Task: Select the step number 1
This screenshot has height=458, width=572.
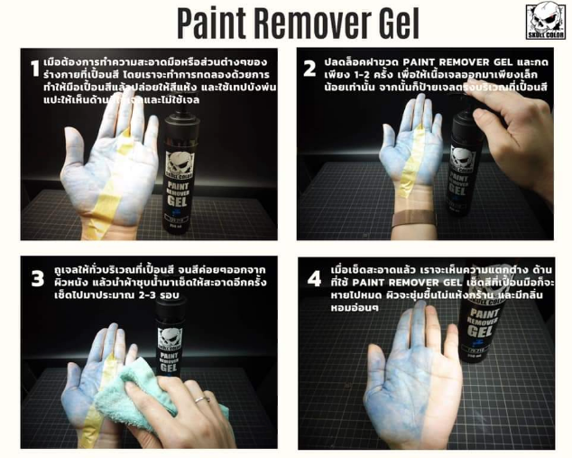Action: [34, 69]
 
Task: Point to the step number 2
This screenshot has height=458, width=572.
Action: [310, 69]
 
